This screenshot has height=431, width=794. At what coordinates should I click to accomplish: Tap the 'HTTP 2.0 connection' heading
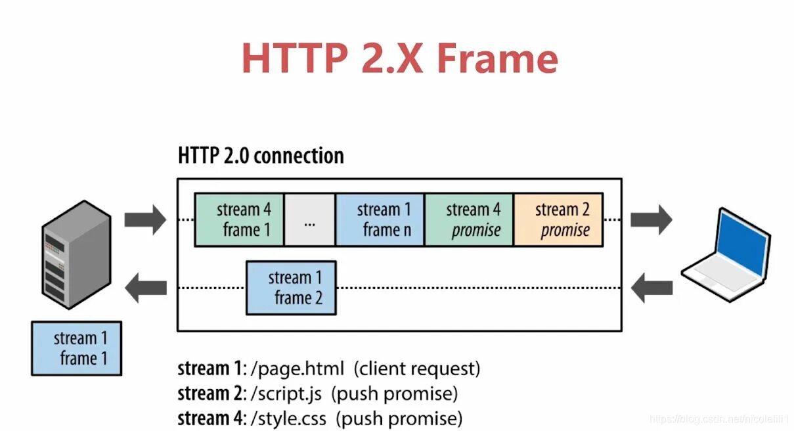point(261,156)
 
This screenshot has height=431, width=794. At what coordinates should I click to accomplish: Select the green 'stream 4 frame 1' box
point(240,219)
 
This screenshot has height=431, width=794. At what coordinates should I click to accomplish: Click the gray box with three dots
point(310,220)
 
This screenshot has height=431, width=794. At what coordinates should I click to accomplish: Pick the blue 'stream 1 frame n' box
point(380,219)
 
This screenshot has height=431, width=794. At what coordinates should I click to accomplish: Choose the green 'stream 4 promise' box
point(469,219)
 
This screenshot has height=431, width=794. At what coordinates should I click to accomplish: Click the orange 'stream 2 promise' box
point(558,219)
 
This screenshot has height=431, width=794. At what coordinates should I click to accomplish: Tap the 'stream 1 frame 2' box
point(291,288)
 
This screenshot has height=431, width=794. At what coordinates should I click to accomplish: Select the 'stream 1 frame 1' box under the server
point(77,348)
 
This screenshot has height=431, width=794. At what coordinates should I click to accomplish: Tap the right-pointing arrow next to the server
point(145,219)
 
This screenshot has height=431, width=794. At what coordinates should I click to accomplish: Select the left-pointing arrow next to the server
point(145,287)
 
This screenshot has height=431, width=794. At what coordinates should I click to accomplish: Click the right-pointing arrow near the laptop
point(651,219)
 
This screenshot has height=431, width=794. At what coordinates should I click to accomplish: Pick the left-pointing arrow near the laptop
point(651,287)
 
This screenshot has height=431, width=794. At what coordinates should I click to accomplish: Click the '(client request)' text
point(417,369)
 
